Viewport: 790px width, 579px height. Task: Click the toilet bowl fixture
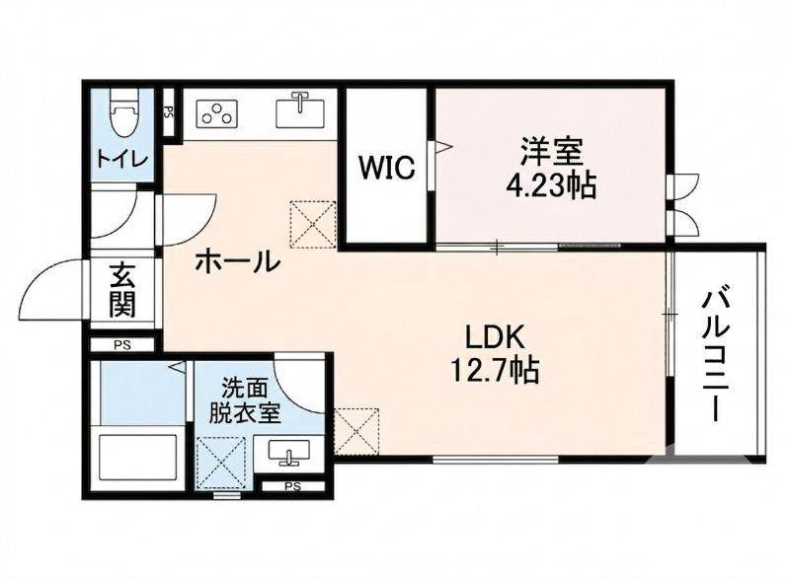tap(122, 116)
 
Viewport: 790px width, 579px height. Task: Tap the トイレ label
tap(122, 158)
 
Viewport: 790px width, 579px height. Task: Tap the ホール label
tap(237, 261)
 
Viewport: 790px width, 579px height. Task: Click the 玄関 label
tap(122, 290)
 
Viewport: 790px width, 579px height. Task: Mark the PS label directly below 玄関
tap(121, 345)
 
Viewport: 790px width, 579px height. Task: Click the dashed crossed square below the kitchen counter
tap(313, 226)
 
